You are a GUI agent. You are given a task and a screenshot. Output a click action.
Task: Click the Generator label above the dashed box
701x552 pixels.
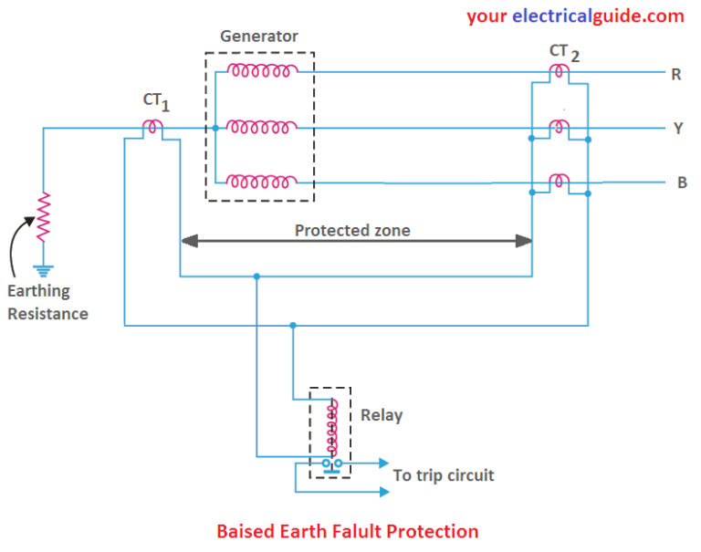pos(259,37)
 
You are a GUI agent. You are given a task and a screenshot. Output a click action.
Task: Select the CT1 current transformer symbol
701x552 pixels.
pos(155,128)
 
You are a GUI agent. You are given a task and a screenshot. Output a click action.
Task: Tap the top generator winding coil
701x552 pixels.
pos(263,70)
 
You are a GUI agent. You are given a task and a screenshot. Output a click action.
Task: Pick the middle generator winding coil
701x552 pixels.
pos(263,127)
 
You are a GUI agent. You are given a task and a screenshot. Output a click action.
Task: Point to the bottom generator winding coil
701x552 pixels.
pos(263,182)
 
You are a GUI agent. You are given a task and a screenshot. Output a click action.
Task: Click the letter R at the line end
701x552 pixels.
pos(676,75)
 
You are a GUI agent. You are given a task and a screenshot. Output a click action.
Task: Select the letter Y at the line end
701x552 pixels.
pos(678,129)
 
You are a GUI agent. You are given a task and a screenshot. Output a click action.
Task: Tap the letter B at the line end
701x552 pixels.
pos(681,182)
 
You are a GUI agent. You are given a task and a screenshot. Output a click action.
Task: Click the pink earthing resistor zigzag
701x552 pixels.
pos(43,216)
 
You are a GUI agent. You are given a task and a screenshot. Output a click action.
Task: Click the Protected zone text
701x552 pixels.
pos(352,231)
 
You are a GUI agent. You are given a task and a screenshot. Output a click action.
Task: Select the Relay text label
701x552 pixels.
pos(382,415)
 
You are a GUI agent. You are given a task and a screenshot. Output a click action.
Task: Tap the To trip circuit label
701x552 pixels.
pos(443,475)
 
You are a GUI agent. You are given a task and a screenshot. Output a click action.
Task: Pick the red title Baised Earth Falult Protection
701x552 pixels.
pos(347,531)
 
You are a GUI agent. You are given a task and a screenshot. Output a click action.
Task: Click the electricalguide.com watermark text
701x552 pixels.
pos(575,16)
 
